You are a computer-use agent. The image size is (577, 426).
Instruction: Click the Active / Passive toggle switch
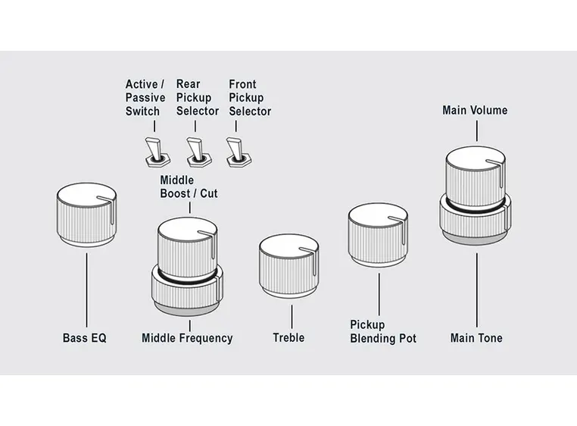[154, 151]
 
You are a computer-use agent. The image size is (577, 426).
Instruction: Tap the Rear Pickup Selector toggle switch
[197, 151]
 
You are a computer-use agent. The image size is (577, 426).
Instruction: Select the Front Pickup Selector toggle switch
[238, 151]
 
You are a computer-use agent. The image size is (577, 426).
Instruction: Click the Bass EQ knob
[86, 219]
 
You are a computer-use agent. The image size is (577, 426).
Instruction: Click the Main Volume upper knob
[475, 177]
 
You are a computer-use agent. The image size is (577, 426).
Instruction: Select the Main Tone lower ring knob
[476, 220]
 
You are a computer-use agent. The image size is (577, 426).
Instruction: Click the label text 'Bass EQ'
[85, 338]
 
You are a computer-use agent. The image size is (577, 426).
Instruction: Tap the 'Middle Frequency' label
[187, 338]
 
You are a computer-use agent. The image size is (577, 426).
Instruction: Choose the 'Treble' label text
[288, 337]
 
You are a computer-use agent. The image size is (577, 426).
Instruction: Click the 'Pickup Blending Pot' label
[382, 331]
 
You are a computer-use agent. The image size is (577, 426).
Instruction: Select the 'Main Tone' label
[476, 338]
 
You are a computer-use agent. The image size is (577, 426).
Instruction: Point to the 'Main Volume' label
[475, 111]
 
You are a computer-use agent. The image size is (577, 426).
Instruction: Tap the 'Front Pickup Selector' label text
[250, 98]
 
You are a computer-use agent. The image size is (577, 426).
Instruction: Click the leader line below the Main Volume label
[476, 130]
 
